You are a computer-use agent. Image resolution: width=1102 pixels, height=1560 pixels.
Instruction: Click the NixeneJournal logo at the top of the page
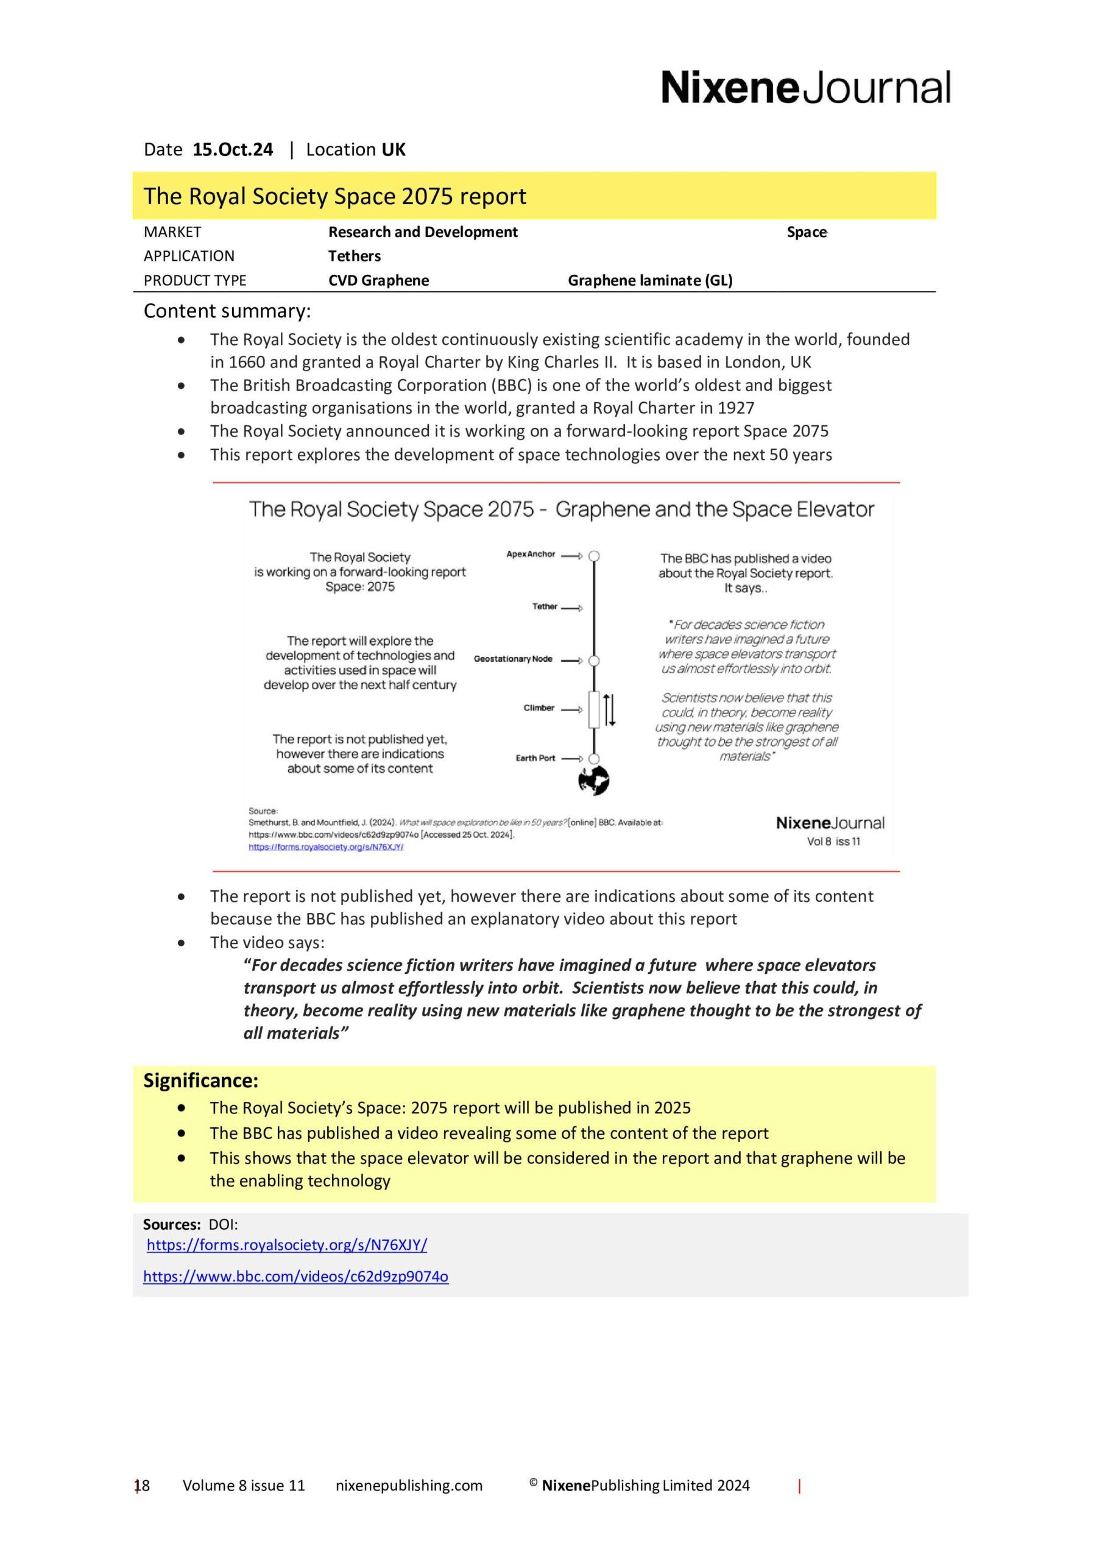tap(806, 87)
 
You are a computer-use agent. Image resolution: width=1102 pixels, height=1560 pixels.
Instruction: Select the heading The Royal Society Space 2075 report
tap(334, 196)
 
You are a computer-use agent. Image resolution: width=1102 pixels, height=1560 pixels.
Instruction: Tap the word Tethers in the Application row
tap(354, 256)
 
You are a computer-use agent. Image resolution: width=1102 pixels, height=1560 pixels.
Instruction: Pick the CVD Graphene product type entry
tap(378, 280)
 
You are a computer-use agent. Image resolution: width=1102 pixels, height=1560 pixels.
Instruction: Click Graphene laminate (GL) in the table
tap(649, 280)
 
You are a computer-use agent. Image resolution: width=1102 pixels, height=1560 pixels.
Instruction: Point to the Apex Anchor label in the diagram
tap(531, 555)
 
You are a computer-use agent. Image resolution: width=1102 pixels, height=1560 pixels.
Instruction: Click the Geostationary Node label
tap(513, 659)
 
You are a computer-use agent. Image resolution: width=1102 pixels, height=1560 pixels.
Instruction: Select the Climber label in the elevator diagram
tap(539, 708)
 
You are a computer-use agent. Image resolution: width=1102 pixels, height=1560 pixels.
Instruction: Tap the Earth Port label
tap(535, 758)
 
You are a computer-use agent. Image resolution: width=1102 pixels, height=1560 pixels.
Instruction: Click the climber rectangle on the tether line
tap(594, 710)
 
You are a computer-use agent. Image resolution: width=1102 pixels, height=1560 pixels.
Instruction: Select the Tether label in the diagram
tap(544, 607)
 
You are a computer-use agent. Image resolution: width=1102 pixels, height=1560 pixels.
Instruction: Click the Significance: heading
tap(200, 1080)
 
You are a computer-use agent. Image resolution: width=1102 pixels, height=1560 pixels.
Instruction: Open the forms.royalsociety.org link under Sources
tap(287, 1245)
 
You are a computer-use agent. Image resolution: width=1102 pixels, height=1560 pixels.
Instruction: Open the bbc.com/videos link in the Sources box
tap(295, 1276)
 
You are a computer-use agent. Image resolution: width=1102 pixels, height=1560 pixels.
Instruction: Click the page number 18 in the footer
tap(142, 1485)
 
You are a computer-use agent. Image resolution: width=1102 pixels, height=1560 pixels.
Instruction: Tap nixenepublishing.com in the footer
tap(409, 1485)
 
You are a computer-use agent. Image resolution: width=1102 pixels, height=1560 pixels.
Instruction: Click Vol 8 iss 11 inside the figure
tap(833, 841)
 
